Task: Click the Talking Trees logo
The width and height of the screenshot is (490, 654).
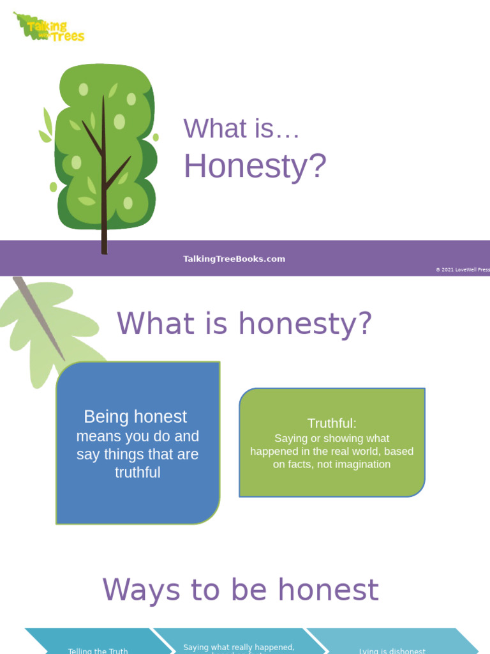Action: click(x=50, y=27)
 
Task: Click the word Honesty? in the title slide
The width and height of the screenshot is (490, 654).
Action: click(x=255, y=166)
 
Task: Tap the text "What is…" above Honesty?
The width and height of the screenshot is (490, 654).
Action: click(x=241, y=128)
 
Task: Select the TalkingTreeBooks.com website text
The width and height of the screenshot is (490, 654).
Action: click(x=234, y=259)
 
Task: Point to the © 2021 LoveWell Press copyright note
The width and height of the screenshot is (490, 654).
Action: click(x=463, y=270)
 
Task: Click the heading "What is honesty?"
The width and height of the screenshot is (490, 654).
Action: click(x=244, y=323)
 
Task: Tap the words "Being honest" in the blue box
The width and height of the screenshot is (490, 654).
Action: click(x=135, y=417)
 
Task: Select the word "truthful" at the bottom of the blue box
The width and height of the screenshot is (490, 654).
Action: click(x=137, y=473)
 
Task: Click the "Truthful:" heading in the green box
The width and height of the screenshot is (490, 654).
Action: click(x=332, y=423)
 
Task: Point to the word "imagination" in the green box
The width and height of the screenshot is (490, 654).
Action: click(x=359, y=464)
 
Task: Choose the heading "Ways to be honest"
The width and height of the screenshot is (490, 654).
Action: click(x=241, y=589)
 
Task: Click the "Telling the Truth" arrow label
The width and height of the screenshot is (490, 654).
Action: click(x=98, y=651)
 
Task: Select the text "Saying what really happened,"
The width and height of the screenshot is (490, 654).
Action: click(x=239, y=647)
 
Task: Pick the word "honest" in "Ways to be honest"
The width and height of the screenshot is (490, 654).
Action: click(x=332, y=589)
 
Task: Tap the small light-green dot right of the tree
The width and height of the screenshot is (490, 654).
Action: click(x=156, y=137)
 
